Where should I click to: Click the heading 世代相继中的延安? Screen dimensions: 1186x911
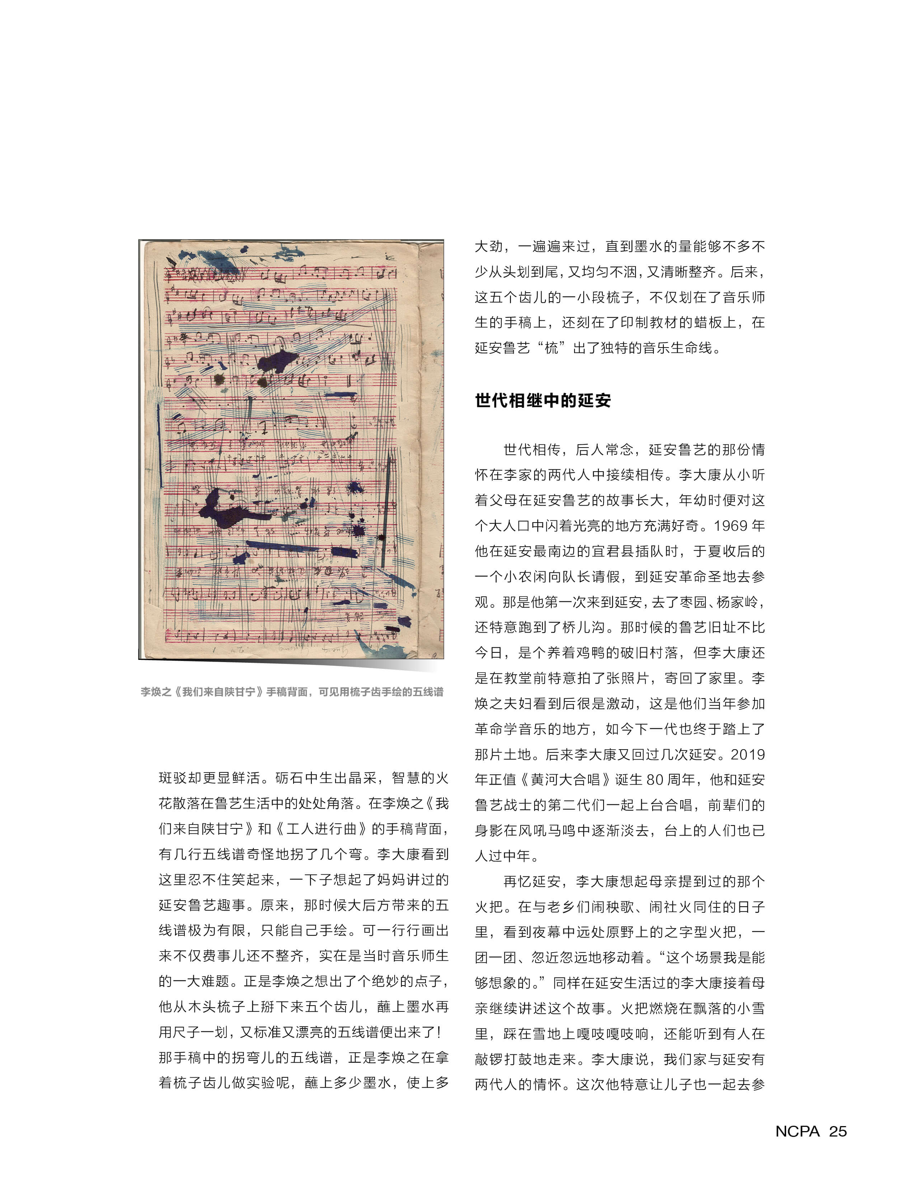(543, 401)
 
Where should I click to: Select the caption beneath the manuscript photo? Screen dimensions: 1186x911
(292, 692)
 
